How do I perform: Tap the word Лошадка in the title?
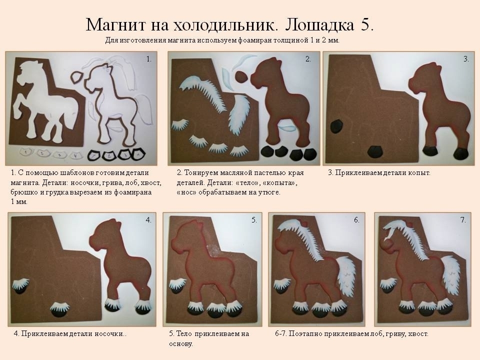pos(319,25)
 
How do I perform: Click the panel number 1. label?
pos(149,59)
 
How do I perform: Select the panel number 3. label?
pos(466,59)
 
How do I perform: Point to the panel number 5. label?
pos(254,220)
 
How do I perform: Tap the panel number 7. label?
pos(463,220)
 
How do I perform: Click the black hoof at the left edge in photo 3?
pos(336,126)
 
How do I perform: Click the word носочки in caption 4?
pos(109,333)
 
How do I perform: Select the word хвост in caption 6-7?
pos(418,333)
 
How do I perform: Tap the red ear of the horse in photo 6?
pos(304,221)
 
